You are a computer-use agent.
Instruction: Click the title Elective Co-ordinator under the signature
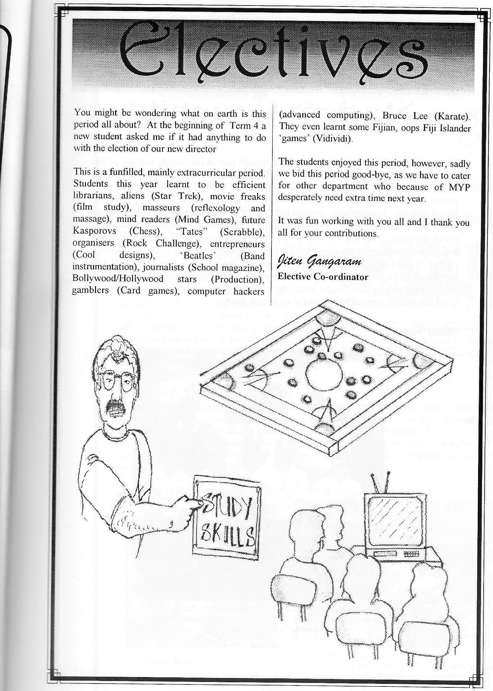(x=323, y=277)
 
